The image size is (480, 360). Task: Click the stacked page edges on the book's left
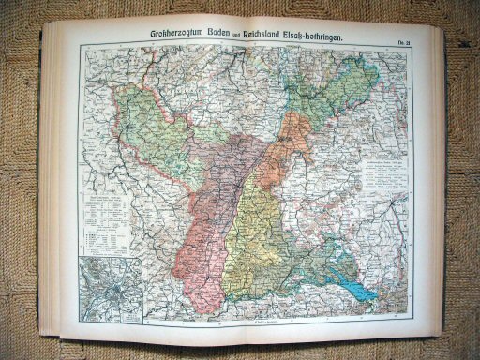(52, 187)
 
